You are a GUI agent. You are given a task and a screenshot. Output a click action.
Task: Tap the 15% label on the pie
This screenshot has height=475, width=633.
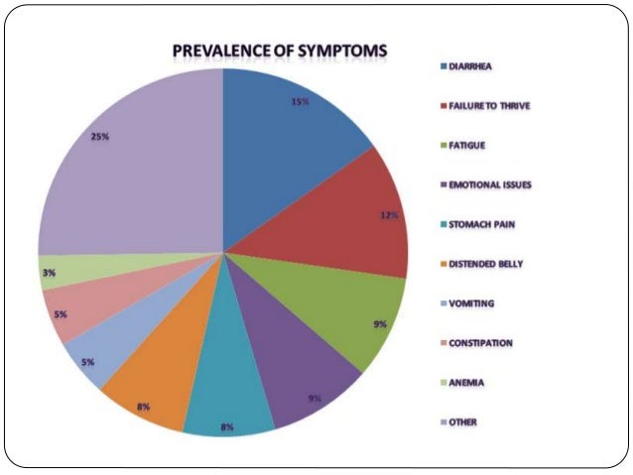(299, 101)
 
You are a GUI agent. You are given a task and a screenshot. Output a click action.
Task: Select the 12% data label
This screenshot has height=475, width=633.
(389, 215)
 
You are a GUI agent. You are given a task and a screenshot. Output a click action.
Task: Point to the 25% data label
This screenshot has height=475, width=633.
(100, 137)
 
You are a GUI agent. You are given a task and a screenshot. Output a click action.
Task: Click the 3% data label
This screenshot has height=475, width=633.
(48, 272)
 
